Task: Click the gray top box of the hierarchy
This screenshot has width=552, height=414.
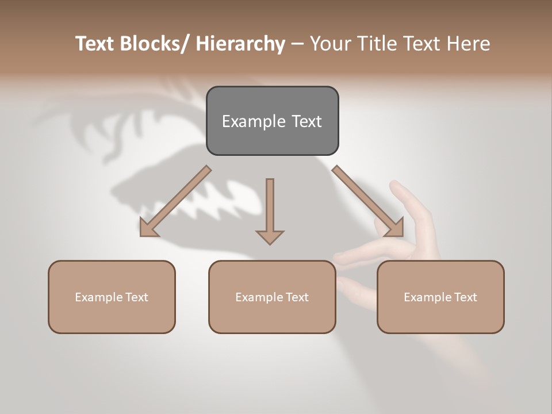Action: [272, 121]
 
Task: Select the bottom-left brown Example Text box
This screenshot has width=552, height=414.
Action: [112, 297]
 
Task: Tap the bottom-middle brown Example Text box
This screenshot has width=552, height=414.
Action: [272, 297]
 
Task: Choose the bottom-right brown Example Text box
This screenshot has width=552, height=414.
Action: [440, 297]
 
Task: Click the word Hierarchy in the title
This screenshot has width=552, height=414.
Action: [240, 44]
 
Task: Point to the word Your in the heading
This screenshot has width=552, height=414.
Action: [330, 44]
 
